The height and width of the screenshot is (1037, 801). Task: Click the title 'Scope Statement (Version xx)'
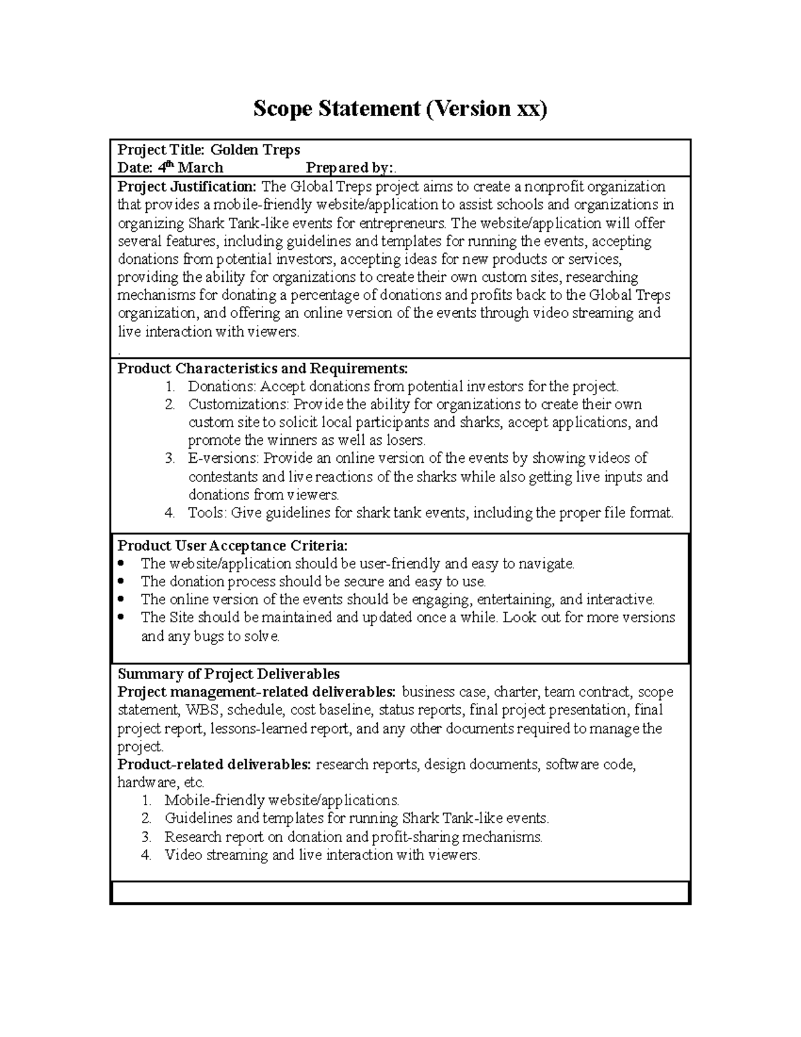[x=400, y=108]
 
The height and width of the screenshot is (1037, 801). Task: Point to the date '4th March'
[x=190, y=167]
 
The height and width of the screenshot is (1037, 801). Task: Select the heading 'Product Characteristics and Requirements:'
[x=262, y=369]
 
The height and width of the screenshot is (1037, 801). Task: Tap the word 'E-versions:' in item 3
[x=224, y=458]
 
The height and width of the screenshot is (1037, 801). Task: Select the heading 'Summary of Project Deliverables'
[x=228, y=674]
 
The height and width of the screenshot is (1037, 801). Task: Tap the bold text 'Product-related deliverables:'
[x=214, y=764]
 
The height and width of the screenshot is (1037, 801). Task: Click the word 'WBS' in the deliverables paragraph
[x=201, y=710]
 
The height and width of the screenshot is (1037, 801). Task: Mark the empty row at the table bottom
[x=400, y=891]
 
